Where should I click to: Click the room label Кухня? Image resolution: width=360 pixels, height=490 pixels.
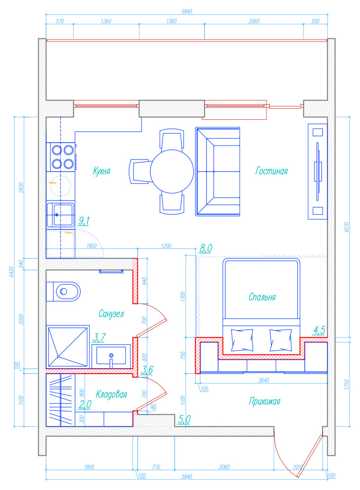(x=101, y=171)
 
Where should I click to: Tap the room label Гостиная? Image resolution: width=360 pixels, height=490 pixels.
(x=271, y=171)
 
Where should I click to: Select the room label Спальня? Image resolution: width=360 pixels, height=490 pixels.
(x=262, y=297)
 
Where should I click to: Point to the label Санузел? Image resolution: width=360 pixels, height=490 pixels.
(x=111, y=313)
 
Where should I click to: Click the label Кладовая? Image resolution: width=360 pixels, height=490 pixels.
(x=111, y=394)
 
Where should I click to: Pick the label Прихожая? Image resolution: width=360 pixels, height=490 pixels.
(x=265, y=401)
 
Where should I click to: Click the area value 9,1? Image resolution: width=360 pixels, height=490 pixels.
(x=84, y=221)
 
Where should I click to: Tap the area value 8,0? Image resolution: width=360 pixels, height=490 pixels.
(x=206, y=248)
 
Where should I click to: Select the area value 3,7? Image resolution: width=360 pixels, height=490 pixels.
(x=99, y=337)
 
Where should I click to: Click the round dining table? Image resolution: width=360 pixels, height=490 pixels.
(x=172, y=172)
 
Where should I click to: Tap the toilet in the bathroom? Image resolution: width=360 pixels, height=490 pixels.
(x=63, y=292)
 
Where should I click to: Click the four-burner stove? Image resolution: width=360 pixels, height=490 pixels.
(x=61, y=157)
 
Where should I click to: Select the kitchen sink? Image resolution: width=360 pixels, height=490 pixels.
(x=60, y=215)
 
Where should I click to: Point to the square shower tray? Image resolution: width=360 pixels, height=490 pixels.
(x=68, y=346)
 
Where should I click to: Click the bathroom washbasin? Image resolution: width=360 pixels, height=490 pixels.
(x=111, y=356)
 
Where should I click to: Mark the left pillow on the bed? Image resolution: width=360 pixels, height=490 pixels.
(x=242, y=340)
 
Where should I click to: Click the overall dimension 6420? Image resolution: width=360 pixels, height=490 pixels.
(x=11, y=272)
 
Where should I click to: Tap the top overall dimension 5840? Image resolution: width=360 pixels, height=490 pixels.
(x=187, y=11)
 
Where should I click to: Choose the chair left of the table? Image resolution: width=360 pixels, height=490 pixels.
(x=140, y=171)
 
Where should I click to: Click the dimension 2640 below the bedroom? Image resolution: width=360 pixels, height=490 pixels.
(x=264, y=380)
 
